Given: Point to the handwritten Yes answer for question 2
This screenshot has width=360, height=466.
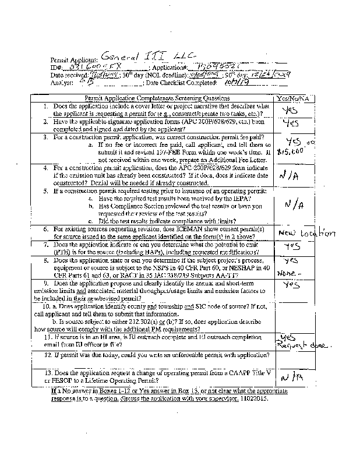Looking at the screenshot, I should pos(290,123).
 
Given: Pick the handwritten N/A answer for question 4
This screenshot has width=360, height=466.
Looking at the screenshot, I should pos(290,174).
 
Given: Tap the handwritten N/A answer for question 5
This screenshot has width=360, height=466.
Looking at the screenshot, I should pos(294,204).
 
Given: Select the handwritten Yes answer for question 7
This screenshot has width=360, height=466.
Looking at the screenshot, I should pos(291,246).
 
